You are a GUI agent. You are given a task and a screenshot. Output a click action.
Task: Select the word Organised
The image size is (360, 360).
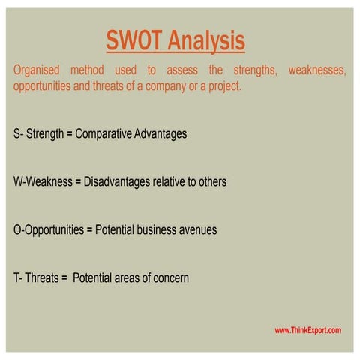[x=37, y=70]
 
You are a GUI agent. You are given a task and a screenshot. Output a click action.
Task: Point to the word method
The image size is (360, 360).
[x=92, y=70]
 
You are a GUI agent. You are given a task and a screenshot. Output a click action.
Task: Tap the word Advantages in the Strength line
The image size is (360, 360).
[x=160, y=134]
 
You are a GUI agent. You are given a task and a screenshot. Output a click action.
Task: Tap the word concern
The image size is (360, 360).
[x=171, y=277]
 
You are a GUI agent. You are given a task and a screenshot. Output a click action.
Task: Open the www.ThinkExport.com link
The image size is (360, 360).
[x=307, y=330]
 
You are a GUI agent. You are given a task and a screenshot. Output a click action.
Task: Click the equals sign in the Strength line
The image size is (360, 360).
[x=69, y=134]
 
